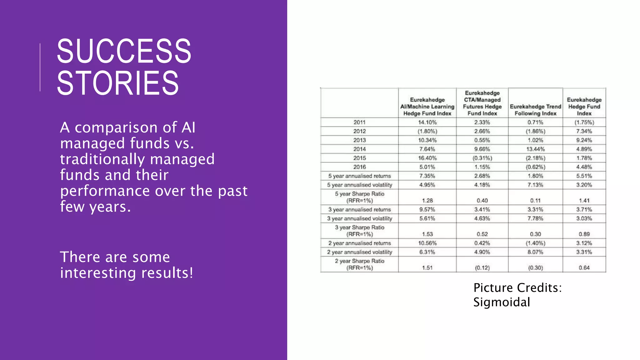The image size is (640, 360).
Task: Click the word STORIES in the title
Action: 117,83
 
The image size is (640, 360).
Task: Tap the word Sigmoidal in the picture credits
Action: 502,302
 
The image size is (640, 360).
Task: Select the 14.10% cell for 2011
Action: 427,122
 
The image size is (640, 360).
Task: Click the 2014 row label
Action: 359,149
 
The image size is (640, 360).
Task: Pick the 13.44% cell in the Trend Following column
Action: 535,149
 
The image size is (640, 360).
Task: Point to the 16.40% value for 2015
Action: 427,158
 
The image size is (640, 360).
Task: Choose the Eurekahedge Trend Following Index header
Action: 535,110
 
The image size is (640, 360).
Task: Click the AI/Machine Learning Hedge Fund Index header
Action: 427,107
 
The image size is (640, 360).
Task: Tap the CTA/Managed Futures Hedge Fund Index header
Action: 482,103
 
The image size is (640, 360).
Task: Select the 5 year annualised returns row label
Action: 359,176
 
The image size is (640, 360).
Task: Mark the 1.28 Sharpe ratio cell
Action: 427,201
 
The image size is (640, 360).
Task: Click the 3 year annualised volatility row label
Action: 359,218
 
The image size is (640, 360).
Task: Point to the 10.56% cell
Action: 427,243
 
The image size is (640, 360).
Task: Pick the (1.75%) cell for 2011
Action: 584,122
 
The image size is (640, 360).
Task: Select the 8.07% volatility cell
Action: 535,252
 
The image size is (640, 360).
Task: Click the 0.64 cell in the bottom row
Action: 584,268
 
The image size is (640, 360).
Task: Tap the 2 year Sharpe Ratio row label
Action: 359,264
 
